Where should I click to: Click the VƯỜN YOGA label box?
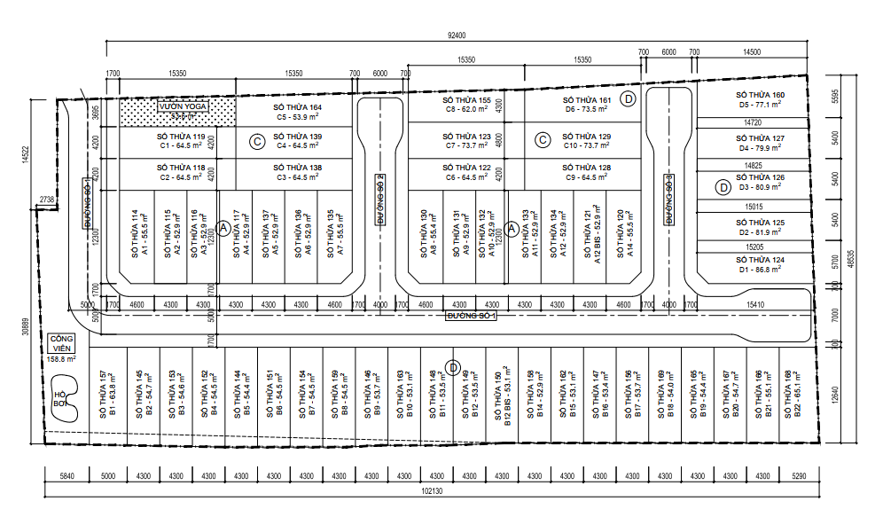tap(183, 106)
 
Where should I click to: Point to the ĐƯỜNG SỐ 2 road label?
tap(379, 200)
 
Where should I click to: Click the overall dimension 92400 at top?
tap(457, 35)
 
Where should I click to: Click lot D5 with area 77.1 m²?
tap(760, 99)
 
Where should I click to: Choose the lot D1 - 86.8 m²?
tap(760, 263)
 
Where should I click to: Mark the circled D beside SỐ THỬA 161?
tap(629, 98)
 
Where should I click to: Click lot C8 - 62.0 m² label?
tap(467, 106)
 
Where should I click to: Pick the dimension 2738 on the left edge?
tap(47, 200)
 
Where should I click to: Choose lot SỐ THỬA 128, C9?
tap(586, 172)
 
